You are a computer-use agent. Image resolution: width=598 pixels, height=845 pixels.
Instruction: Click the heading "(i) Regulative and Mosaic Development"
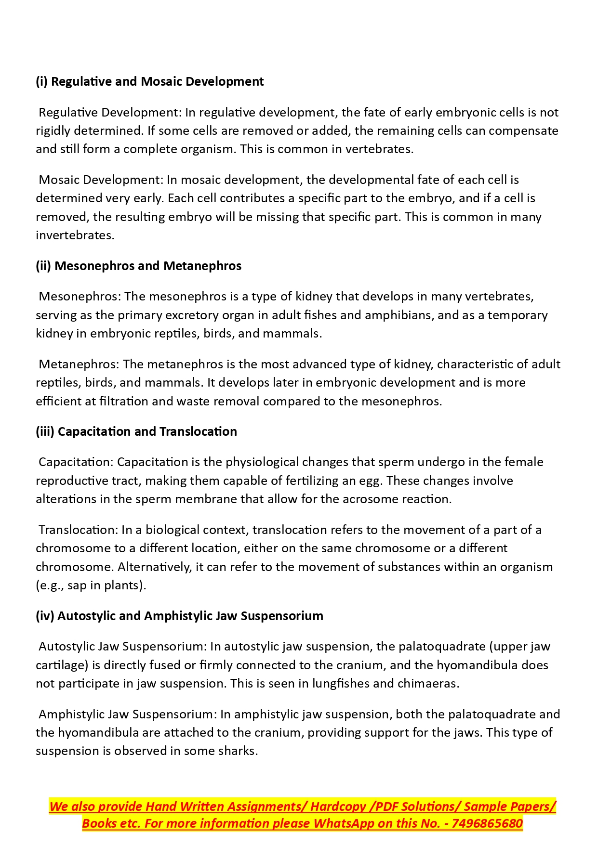[x=149, y=81]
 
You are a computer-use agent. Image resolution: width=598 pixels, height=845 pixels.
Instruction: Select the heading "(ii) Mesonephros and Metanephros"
[x=138, y=266]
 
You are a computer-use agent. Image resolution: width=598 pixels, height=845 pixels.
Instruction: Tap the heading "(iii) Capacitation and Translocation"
[x=136, y=431]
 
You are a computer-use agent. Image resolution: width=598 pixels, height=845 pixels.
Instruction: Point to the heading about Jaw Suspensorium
[x=179, y=616]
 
